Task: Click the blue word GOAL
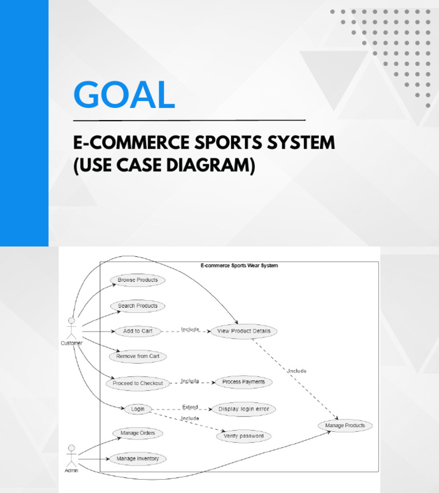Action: coord(124,94)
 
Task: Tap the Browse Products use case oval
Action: coord(137,280)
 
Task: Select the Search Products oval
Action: coord(137,306)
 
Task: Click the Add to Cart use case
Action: coord(137,331)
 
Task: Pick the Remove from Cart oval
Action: coord(137,356)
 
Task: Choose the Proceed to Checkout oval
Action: coord(137,383)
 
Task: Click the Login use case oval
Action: coord(138,409)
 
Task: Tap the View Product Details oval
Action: coord(244,331)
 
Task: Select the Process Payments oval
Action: coord(244,381)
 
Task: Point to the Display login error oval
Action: coord(244,409)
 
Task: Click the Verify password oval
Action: coord(244,436)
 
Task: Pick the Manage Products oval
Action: coord(345,426)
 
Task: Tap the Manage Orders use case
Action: coord(137,434)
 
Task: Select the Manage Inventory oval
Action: coord(137,459)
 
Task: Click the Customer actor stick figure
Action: coord(71,328)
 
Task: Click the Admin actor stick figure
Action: coord(71,455)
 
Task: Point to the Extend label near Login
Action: coord(190,407)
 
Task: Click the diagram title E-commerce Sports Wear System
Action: coord(239,265)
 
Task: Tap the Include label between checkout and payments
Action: coord(190,380)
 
